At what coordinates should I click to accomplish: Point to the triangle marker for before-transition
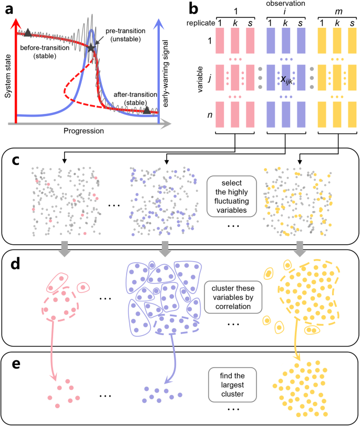(x=27, y=33)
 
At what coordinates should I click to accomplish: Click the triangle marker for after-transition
(x=147, y=110)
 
